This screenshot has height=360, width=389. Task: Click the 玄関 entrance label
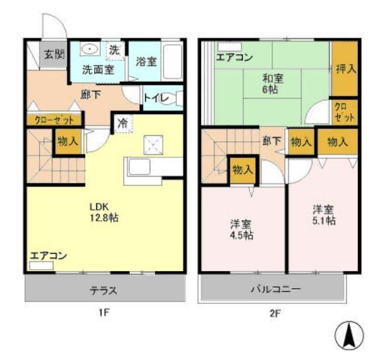pyautogui.click(x=54, y=55)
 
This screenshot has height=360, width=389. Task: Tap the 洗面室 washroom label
pyautogui.click(x=97, y=68)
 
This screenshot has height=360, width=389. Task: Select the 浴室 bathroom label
pyautogui.click(x=146, y=61)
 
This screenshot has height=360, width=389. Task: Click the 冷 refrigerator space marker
pyautogui.click(x=123, y=123)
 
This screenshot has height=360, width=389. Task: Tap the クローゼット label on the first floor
pyautogui.click(x=55, y=119)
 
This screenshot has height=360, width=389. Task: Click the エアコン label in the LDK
pyautogui.click(x=48, y=256)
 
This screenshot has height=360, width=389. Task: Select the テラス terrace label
pyautogui.click(x=104, y=289)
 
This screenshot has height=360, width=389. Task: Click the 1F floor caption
pyautogui.click(x=104, y=313)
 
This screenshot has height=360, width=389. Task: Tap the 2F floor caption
pyautogui.click(x=275, y=313)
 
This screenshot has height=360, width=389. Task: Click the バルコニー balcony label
pyautogui.click(x=275, y=289)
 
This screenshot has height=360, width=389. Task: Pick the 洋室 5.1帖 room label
pyautogui.click(x=324, y=215)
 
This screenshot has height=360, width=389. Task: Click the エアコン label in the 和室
pyautogui.click(x=234, y=57)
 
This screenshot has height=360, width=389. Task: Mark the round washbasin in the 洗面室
pyautogui.click(x=90, y=50)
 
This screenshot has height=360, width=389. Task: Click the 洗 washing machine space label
pyautogui.click(x=114, y=49)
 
